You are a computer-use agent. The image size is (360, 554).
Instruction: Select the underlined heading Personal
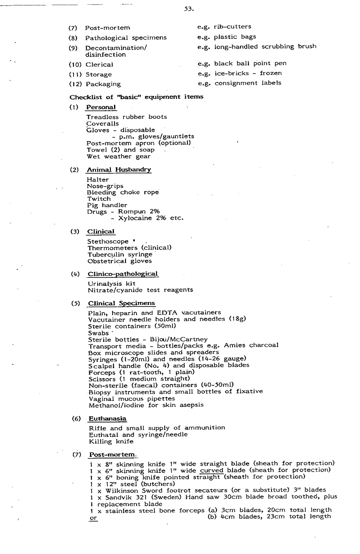(x=101, y=107)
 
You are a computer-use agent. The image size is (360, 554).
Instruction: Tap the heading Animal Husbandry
(x=119, y=169)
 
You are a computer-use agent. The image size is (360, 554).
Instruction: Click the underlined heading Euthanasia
(x=107, y=418)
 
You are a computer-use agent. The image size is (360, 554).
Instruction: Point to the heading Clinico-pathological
(x=123, y=274)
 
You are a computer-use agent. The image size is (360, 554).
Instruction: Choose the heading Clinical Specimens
(x=122, y=303)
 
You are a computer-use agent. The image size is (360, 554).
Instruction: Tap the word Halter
(x=98, y=179)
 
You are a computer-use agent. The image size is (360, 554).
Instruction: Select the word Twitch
(x=99, y=199)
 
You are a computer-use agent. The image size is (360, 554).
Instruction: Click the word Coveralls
(x=102, y=124)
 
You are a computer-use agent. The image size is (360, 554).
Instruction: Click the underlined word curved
(x=212, y=470)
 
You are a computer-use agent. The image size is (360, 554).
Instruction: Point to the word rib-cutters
(x=232, y=26)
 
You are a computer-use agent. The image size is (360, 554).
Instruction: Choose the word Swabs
(x=98, y=333)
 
